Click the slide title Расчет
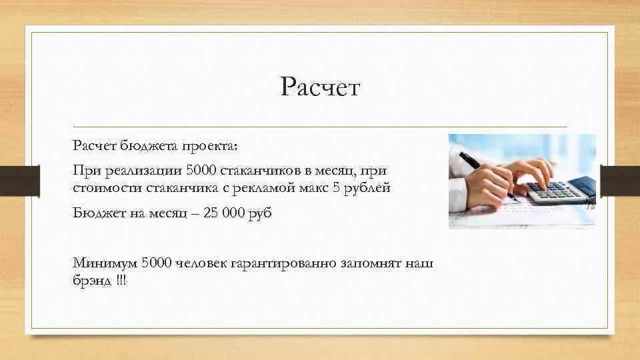(x=320, y=87)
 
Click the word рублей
(x=367, y=188)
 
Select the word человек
(x=202, y=264)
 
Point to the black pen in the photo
(x=480, y=171)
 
